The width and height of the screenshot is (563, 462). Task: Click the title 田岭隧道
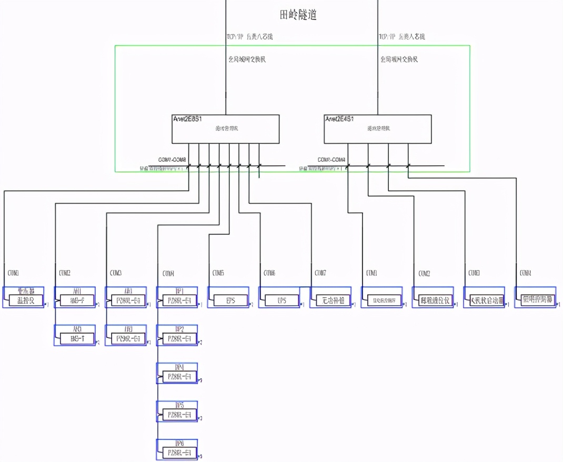(x=298, y=15)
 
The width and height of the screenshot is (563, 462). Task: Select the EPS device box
(x=230, y=300)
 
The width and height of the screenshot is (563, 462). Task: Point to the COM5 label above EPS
(x=218, y=273)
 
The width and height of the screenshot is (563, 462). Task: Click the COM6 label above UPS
(x=270, y=273)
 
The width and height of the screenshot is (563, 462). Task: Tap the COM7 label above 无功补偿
(x=320, y=273)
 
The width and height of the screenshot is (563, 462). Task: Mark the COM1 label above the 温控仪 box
(x=13, y=273)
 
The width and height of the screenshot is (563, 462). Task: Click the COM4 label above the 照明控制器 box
(x=525, y=273)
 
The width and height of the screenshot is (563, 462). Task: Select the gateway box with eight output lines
(x=226, y=129)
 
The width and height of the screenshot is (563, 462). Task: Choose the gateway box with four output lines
(x=377, y=129)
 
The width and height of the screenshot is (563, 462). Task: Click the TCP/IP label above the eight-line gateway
(x=249, y=37)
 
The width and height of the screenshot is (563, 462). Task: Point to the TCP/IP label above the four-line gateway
(x=402, y=37)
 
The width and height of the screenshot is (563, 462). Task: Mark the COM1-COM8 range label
(x=172, y=159)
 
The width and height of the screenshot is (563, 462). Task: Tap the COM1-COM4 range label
(x=331, y=159)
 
